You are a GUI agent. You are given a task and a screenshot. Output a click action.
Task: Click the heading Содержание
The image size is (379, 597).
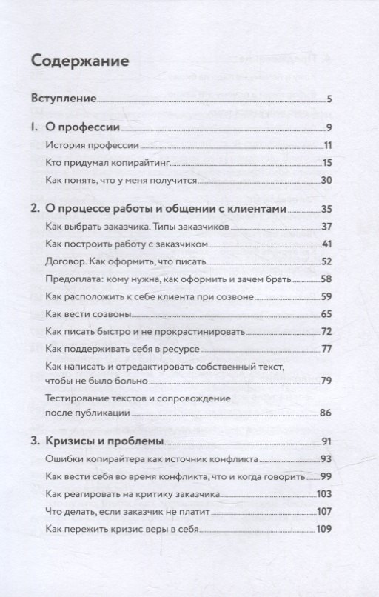click(81, 59)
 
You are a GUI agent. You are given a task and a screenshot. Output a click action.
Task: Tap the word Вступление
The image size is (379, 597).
click(64, 98)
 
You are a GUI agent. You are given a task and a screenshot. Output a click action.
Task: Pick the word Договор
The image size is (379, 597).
click(64, 261)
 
